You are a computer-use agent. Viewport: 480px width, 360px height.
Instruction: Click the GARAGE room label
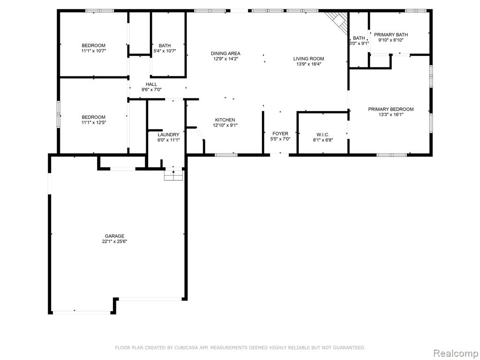point(114,236)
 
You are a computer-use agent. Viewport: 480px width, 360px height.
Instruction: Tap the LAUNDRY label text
point(168,135)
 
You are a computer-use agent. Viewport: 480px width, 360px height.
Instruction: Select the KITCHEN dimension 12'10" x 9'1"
point(225,125)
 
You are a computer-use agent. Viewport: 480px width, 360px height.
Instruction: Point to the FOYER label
point(280,134)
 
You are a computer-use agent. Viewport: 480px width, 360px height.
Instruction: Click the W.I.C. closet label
point(322,135)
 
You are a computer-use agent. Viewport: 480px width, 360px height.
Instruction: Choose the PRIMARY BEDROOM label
point(390,109)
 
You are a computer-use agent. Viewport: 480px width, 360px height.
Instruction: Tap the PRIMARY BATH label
point(390,35)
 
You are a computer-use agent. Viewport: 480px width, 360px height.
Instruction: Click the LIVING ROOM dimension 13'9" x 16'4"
point(308,64)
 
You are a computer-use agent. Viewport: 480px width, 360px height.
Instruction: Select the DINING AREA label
point(225,53)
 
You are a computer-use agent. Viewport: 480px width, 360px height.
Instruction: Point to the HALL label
point(151,84)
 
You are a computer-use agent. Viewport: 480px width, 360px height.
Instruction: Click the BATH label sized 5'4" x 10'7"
point(165,45)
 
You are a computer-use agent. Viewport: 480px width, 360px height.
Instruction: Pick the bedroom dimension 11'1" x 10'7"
point(93,51)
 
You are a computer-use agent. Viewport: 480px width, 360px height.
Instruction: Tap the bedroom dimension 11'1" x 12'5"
point(93,122)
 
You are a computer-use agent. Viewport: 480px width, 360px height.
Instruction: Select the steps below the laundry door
point(173,175)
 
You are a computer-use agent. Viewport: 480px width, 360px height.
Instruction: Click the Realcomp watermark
point(455,353)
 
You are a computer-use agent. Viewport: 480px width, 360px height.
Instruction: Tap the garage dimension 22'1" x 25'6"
point(114,241)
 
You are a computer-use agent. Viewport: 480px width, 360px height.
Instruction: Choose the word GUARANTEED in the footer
point(349,347)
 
